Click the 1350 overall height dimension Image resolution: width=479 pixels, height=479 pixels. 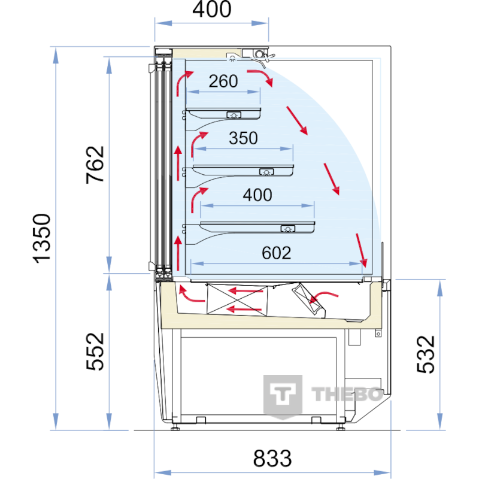42,238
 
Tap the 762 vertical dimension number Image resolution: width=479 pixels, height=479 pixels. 95,165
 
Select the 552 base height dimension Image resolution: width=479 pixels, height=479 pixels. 95,351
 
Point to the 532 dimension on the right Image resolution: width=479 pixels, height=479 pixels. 426,354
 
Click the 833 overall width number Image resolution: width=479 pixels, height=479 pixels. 272,458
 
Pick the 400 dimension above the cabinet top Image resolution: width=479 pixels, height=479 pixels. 212,9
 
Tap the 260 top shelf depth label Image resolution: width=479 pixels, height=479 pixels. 223,81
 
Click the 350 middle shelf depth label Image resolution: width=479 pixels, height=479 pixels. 243,138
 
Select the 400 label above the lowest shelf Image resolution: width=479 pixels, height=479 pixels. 257,195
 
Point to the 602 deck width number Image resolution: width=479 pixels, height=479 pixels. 276,253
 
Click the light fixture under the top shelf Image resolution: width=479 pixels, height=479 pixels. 234,115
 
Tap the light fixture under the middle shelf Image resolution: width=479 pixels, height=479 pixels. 266,172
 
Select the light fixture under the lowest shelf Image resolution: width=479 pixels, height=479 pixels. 288,229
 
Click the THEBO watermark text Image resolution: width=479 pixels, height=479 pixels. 347,394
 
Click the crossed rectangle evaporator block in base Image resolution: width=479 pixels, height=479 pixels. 237,299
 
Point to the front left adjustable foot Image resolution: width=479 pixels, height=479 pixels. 175,428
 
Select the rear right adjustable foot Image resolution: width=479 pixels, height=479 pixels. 340,428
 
